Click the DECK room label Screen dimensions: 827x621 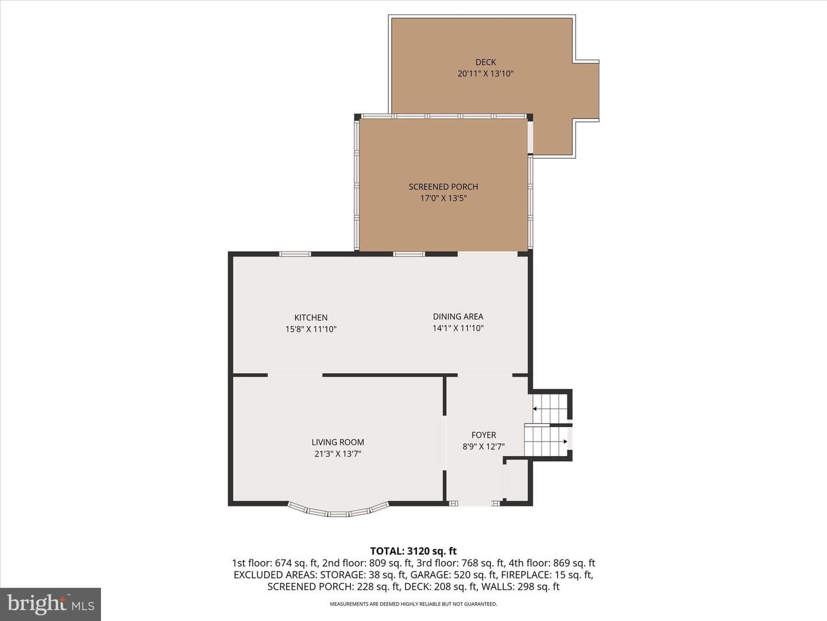(485, 62)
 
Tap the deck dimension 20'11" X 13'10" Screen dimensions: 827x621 (485, 74)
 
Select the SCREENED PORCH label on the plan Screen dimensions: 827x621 (443, 187)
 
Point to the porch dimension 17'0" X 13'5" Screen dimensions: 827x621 (443, 198)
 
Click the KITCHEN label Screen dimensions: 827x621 (311, 317)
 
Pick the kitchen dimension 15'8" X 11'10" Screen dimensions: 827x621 (311, 329)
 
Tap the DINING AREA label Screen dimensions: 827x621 (458, 317)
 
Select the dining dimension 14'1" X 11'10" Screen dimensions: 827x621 (458, 328)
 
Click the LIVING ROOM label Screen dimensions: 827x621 (338, 442)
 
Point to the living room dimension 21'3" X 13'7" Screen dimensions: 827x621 (338, 454)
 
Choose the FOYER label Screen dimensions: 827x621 (484, 435)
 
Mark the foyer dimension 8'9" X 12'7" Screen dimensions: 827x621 (484, 447)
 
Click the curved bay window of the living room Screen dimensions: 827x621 (338, 512)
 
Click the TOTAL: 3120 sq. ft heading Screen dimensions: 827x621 (413, 551)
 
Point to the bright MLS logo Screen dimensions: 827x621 (51, 604)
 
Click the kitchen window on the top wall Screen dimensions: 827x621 (295, 254)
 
